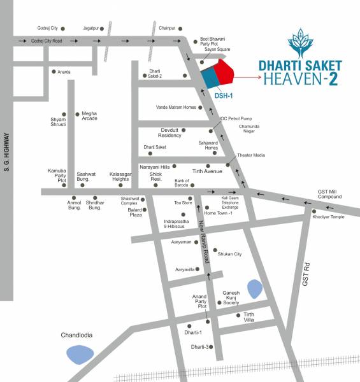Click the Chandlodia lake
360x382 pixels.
[x=80, y=353]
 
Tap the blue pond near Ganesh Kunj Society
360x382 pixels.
[x=254, y=290]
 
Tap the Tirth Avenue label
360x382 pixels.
[x=207, y=171]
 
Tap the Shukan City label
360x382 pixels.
[x=229, y=254]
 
